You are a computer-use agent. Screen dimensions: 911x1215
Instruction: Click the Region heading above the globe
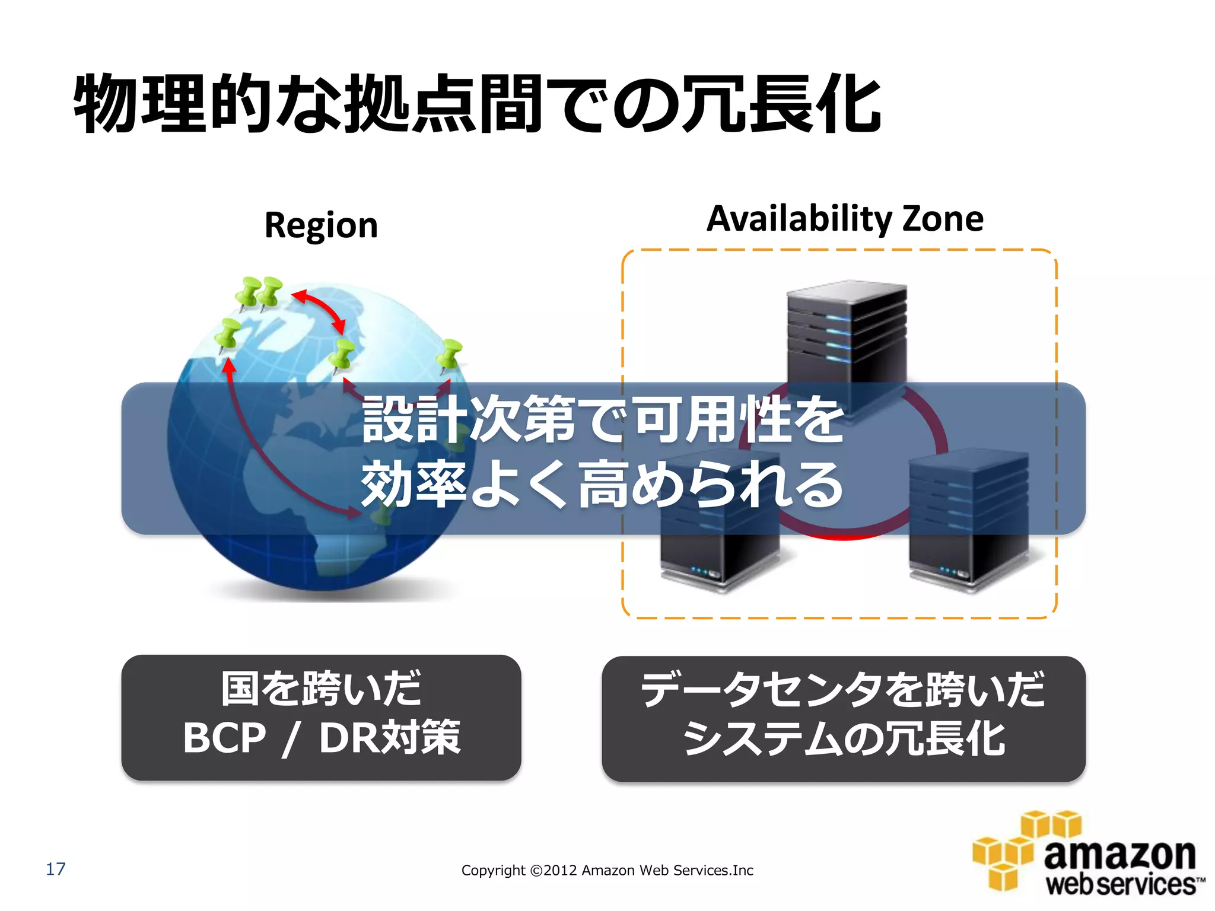coord(321,226)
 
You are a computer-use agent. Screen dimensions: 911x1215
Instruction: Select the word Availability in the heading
coord(799,219)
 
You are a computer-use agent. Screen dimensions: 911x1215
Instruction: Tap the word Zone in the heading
coord(943,219)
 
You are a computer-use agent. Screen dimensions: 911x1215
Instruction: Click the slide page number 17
coord(55,869)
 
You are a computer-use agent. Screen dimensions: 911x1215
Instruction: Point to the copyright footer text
coord(607,870)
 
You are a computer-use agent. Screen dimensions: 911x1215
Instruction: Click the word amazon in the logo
coord(1119,855)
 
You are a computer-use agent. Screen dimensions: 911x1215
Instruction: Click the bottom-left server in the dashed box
coord(719,534)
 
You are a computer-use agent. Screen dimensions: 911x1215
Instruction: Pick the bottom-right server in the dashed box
coord(968,534)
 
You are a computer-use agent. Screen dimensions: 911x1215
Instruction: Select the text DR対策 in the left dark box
coord(390,738)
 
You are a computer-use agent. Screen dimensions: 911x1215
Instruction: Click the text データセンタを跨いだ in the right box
coord(842,690)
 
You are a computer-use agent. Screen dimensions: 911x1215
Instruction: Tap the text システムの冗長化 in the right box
coord(844,740)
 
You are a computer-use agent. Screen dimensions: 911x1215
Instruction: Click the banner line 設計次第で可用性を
coord(602,420)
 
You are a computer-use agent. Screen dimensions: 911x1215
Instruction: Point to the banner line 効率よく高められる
coord(602,485)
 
